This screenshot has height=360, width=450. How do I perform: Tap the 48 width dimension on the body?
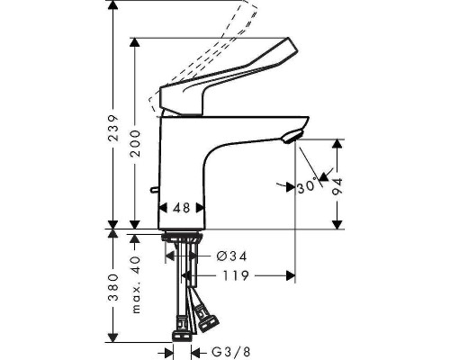tap(182, 208)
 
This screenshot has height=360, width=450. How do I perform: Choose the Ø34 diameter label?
tap(231, 256)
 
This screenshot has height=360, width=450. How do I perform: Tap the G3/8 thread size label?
tap(229, 352)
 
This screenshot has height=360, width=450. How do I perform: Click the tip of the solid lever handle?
tap(287, 45)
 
